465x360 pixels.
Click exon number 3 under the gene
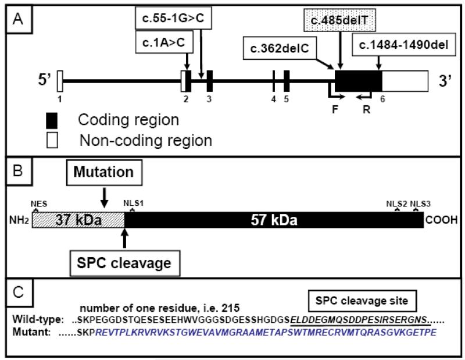click(209, 98)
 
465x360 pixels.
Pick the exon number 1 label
click(60, 98)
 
